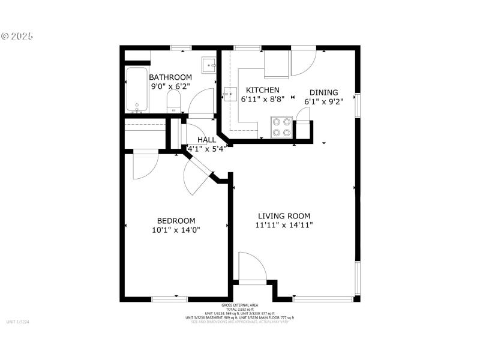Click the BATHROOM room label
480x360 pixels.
[x=170, y=77]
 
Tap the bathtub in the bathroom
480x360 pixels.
[x=137, y=90]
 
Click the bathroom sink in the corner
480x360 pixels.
[x=209, y=64]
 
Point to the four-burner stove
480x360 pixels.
[x=281, y=127]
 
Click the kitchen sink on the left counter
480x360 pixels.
[x=230, y=95]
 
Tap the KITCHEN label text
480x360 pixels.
[x=259, y=90]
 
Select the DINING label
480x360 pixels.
[x=323, y=92]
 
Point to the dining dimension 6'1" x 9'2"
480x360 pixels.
[x=323, y=101]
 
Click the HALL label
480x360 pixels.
[x=206, y=140]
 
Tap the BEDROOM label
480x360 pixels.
[x=176, y=221]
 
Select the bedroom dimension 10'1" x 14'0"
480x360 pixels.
[x=176, y=230]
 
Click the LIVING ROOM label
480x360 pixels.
[x=284, y=216]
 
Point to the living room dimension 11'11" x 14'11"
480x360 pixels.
[x=284, y=226]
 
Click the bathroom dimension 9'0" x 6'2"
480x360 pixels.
[x=170, y=86]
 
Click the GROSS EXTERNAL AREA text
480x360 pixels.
[x=239, y=305]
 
